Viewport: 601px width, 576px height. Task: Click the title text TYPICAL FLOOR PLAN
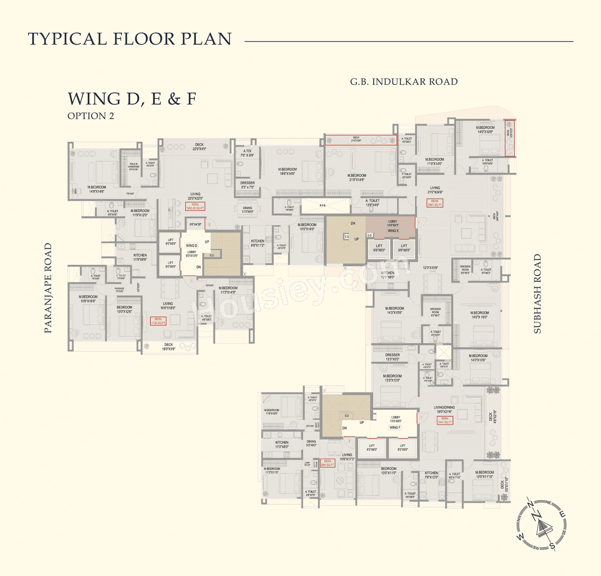pyautogui.click(x=130, y=39)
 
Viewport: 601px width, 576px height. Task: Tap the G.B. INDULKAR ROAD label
pyautogui.click(x=404, y=82)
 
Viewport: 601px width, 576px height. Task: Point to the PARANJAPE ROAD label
pyautogui.click(x=48, y=288)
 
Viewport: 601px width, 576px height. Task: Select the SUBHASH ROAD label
pyautogui.click(x=538, y=294)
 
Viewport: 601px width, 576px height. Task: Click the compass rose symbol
pyautogui.click(x=541, y=524)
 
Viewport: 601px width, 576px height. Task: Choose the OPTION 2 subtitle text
pyautogui.click(x=91, y=116)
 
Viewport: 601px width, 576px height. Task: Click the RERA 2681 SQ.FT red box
pyautogui.click(x=435, y=203)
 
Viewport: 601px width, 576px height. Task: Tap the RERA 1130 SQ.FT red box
pyautogui.click(x=158, y=321)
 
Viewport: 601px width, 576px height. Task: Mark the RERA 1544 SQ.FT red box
pyautogui.click(x=445, y=420)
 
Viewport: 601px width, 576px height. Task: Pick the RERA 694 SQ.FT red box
pyautogui.click(x=327, y=463)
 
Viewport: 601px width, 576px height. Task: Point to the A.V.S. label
pyautogui.click(x=323, y=205)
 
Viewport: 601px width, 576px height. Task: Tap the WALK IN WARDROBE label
pyautogui.click(x=133, y=166)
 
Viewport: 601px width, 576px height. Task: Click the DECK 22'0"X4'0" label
pyautogui.click(x=199, y=146)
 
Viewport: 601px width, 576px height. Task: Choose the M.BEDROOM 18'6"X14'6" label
pyautogui.click(x=287, y=171)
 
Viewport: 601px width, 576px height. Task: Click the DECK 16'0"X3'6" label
pyautogui.click(x=169, y=346)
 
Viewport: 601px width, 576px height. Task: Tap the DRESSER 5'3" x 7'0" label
pyautogui.click(x=247, y=185)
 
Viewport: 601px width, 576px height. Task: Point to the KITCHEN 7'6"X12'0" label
pyautogui.click(x=431, y=475)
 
